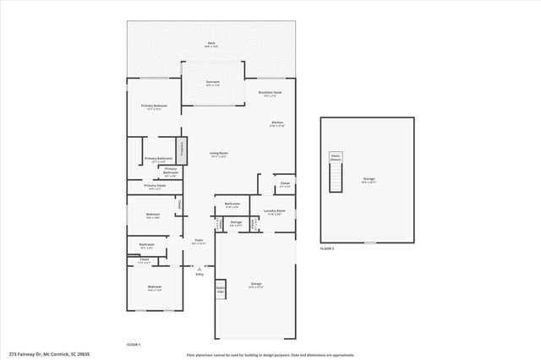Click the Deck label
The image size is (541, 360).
pos(211,44)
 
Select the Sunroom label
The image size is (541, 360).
pos(213,83)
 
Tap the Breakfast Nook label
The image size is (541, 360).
pos(270,93)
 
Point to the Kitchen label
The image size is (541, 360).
pos(277,124)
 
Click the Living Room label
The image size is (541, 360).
pos(218,154)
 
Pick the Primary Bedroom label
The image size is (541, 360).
pos(154,106)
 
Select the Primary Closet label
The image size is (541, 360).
pos(155,187)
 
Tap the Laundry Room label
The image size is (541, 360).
pos(274,212)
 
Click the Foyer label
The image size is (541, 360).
pos(199,242)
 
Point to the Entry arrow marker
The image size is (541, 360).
pos(199,269)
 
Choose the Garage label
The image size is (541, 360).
pos(255,285)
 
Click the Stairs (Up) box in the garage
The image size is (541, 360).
pos(221,289)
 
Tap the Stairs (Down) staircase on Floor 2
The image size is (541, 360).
pos(336,174)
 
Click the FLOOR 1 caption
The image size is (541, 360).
pos(133,345)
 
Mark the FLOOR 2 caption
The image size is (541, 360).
pos(327,249)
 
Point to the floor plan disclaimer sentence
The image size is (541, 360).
pos(270,355)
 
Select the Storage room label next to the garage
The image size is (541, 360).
pos(236,224)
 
